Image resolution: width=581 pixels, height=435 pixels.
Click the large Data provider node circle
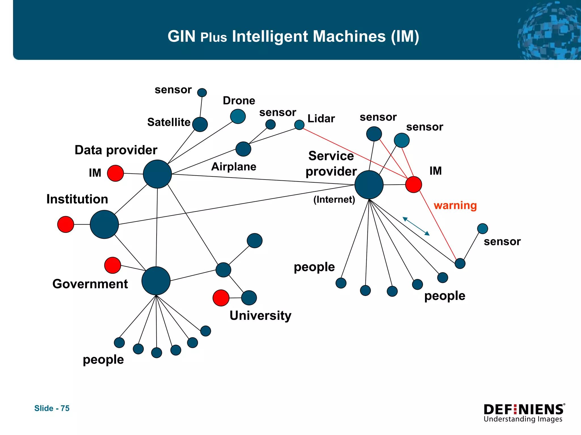pyautogui.click(x=157, y=174)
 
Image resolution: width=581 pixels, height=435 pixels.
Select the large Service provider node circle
pyautogui.click(x=369, y=185)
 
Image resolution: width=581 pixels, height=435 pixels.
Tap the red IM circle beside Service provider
pyautogui.click(x=413, y=184)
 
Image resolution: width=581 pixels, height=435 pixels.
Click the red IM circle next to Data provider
pyautogui.click(x=115, y=173)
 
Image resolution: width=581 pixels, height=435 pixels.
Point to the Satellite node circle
pyautogui.click(x=200, y=124)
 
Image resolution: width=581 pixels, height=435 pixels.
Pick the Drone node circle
pyautogui.click(x=238, y=116)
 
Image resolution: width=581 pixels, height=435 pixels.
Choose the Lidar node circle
pyautogui.click(x=299, y=125)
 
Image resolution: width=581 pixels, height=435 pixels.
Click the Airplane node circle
pyautogui.click(x=243, y=149)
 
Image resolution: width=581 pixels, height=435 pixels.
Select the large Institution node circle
pyautogui.click(x=104, y=224)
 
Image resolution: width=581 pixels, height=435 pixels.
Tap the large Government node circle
pyautogui.click(x=156, y=281)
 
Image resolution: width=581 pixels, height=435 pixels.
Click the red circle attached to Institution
pyautogui.click(x=66, y=224)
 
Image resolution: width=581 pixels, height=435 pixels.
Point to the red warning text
pyautogui.click(x=455, y=205)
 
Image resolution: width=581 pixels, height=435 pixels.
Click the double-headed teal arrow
pyautogui.click(x=416, y=226)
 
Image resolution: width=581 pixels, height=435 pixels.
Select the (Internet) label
pyautogui.click(x=334, y=200)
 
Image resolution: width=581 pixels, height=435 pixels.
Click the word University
pyautogui.click(x=260, y=315)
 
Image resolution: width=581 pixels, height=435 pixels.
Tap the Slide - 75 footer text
pyautogui.click(x=52, y=408)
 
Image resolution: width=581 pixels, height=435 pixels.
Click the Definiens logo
pyautogui.click(x=524, y=413)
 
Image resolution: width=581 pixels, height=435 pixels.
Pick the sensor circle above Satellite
pyautogui.click(x=202, y=93)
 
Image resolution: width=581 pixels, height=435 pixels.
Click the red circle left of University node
pyautogui.click(x=221, y=298)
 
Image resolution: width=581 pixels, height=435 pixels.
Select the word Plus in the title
pyautogui.click(x=214, y=37)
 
